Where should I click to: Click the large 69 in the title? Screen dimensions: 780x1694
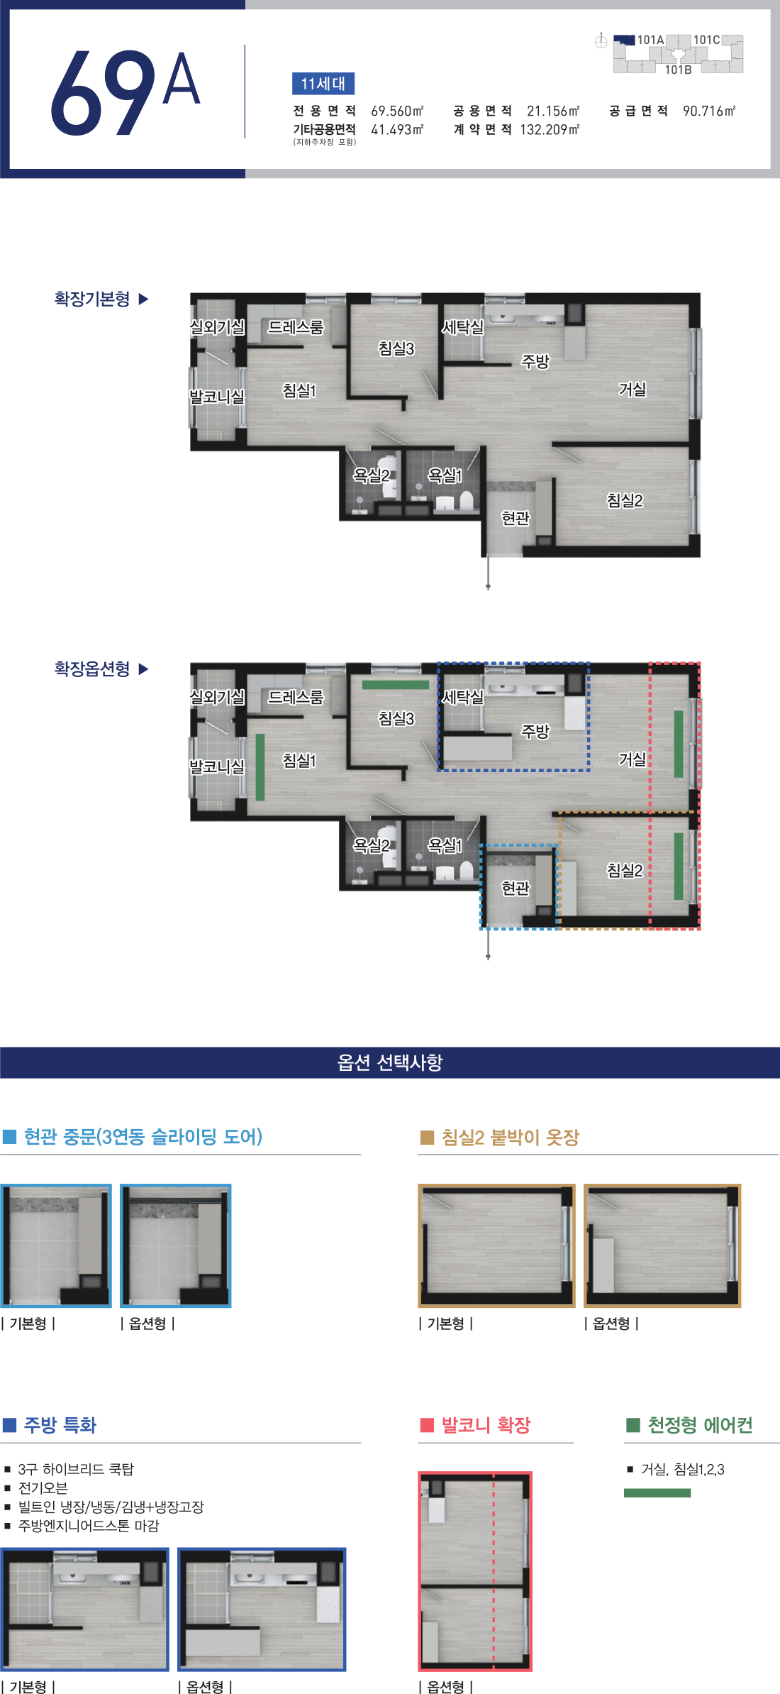pyautogui.click(x=104, y=92)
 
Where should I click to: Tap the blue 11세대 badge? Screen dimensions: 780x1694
pyautogui.click(x=323, y=84)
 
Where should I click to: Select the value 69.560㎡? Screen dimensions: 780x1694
pyautogui.click(x=397, y=111)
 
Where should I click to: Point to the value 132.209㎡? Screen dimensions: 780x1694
pyautogui.click(x=550, y=130)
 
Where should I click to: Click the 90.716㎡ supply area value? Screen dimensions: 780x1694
pyautogui.click(x=709, y=111)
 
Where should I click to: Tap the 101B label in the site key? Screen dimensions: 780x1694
pyautogui.click(x=678, y=70)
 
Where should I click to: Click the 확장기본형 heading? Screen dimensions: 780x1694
pyautogui.click(x=92, y=299)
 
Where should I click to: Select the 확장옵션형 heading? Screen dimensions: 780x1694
pyautogui.click(x=92, y=669)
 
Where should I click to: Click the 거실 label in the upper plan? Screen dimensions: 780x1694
pyautogui.click(x=633, y=389)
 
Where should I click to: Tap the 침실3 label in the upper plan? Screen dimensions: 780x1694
pyautogui.click(x=396, y=348)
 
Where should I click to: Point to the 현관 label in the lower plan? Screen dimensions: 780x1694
pyautogui.click(x=516, y=888)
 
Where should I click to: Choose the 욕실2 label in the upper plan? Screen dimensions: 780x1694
pyautogui.click(x=372, y=475)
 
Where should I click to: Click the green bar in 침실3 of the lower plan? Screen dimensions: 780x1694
pyautogui.click(x=396, y=685)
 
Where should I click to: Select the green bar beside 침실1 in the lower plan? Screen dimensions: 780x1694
pyautogui.click(x=260, y=767)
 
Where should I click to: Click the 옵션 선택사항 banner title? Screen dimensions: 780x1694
pyautogui.click(x=390, y=1062)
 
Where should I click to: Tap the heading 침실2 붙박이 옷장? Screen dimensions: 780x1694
pyautogui.click(x=511, y=1138)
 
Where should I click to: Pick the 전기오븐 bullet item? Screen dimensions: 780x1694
pyautogui.click(x=43, y=1487)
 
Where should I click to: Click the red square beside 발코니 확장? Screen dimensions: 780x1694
pyautogui.click(x=427, y=1425)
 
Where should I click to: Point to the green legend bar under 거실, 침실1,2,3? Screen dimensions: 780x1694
pyautogui.click(x=657, y=1493)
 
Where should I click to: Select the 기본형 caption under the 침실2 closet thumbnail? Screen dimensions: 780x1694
pyautogui.click(x=446, y=1324)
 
